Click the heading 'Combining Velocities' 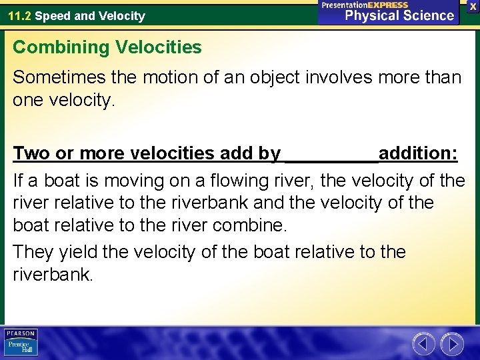pyautogui.click(x=107, y=47)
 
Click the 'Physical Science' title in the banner pyautogui.click(x=399, y=15)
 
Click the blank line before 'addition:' pyautogui.click(x=331, y=155)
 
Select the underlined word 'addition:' pyautogui.click(x=418, y=153)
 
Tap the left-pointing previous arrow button pyautogui.click(x=423, y=344)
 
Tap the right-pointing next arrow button pyautogui.click(x=452, y=344)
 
